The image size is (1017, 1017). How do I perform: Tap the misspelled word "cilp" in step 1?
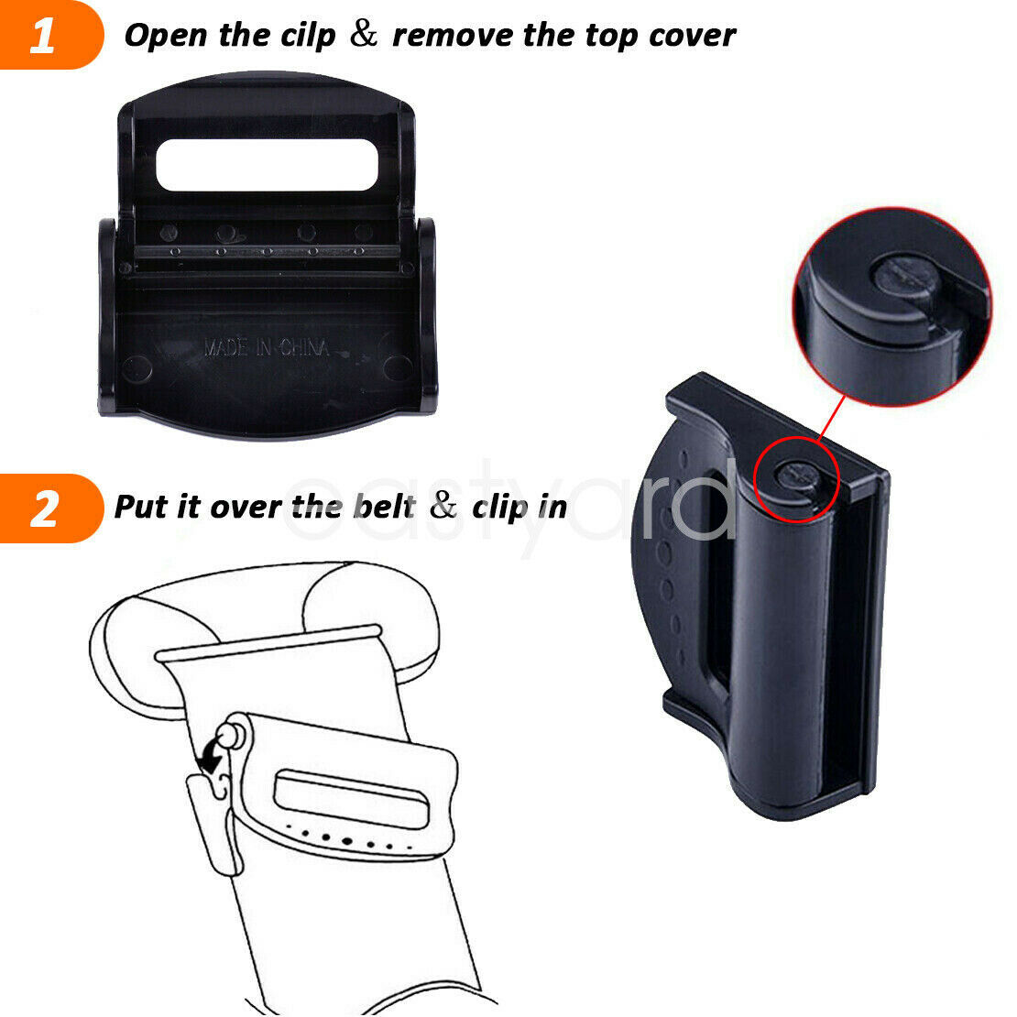click(x=308, y=37)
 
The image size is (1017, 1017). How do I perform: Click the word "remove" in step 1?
click(x=452, y=37)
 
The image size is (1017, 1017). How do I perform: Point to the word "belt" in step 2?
click(x=384, y=508)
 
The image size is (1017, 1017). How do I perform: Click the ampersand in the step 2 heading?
click(x=443, y=505)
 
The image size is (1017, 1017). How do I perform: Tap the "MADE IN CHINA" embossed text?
click(x=267, y=348)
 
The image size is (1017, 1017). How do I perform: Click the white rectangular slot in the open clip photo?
click(x=267, y=165)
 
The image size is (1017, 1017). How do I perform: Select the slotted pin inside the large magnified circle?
click(x=906, y=277)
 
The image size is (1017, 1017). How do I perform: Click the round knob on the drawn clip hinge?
click(x=229, y=736)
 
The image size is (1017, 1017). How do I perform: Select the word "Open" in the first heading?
click(x=167, y=37)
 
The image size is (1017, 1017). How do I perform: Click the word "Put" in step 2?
click(x=141, y=507)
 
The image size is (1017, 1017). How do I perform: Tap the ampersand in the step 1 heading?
click(x=364, y=34)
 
